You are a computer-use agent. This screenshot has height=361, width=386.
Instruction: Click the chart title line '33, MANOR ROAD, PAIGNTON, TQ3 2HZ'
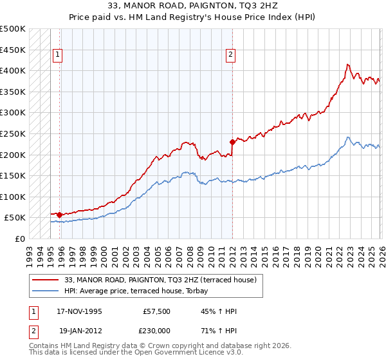coord(193,6)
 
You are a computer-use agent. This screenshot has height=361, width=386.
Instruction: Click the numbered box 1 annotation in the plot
coord(58,55)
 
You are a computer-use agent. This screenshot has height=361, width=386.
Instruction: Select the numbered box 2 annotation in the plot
coord(230,55)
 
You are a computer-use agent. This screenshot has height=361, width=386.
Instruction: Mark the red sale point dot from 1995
coord(60,215)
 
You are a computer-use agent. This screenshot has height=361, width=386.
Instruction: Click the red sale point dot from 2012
coord(232,142)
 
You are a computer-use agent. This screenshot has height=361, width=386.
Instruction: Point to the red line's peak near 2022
coord(347,64)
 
